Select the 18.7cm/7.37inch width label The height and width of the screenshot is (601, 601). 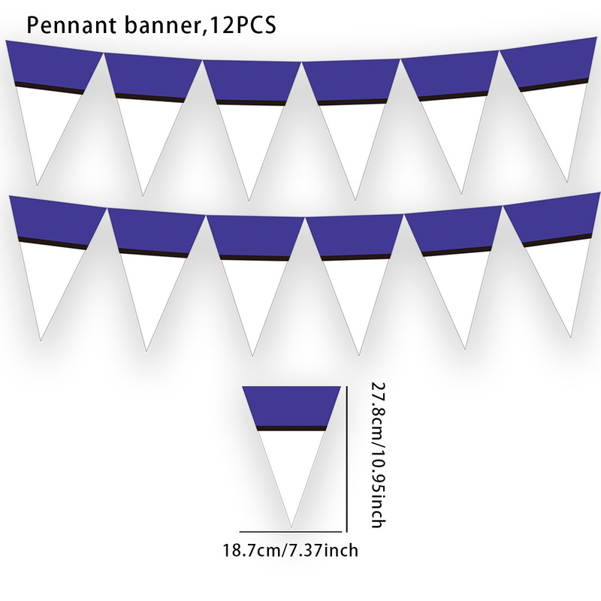point(290,551)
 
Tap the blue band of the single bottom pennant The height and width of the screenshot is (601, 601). point(291,406)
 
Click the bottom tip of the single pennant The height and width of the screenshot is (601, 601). point(291,524)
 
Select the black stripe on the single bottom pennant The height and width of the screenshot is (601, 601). point(291,428)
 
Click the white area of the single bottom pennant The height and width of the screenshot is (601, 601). point(291,466)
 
